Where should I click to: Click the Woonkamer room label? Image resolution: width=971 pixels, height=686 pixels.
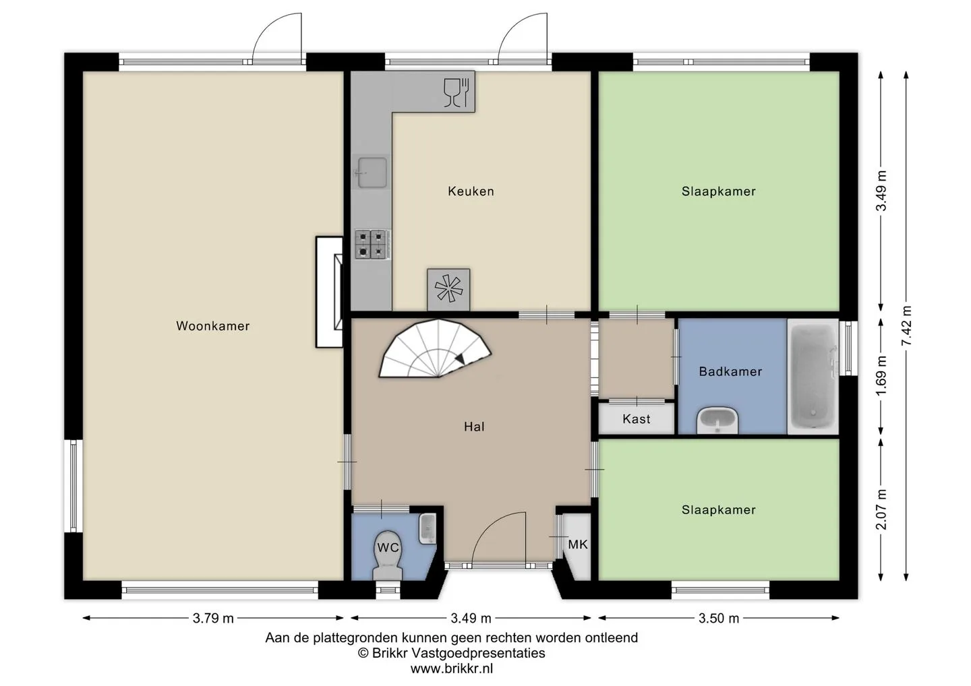pyautogui.click(x=212, y=325)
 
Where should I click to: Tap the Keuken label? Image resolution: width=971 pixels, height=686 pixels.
pyautogui.click(x=471, y=191)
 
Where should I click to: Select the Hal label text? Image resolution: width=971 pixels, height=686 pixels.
pyautogui.click(x=474, y=427)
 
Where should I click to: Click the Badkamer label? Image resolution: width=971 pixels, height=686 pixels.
pyautogui.click(x=730, y=371)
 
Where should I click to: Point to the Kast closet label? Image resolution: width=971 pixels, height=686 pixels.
pyautogui.click(x=637, y=418)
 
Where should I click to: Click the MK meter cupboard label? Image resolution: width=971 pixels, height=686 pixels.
pyautogui.click(x=578, y=544)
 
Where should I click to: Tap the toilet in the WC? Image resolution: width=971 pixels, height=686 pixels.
pyautogui.click(x=388, y=555)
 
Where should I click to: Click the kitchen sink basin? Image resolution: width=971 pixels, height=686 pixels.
pyautogui.click(x=372, y=173)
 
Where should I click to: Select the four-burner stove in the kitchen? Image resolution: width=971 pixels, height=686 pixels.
pyautogui.click(x=373, y=244)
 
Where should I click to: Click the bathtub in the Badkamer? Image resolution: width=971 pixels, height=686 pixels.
pyautogui.click(x=813, y=376)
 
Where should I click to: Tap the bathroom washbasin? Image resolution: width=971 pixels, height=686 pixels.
pyautogui.click(x=717, y=420)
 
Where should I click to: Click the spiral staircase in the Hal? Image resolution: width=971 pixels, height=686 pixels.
pyautogui.click(x=435, y=348)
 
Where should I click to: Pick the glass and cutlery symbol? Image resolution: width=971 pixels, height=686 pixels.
pyautogui.click(x=457, y=92)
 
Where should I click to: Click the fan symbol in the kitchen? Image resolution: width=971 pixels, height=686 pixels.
pyautogui.click(x=448, y=289)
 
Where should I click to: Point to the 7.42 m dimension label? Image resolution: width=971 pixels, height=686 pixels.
pyautogui.click(x=906, y=325)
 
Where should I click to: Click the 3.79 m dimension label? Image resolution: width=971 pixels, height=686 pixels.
pyautogui.click(x=213, y=618)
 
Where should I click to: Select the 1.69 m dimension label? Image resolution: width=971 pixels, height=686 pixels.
pyautogui.click(x=881, y=376)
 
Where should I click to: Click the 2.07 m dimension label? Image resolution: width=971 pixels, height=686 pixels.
pyautogui.click(x=881, y=509)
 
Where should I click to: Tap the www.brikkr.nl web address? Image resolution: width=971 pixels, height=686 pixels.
pyautogui.click(x=451, y=668)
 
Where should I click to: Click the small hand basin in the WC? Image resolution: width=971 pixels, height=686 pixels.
pyautogui.click(x=428, y=528)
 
